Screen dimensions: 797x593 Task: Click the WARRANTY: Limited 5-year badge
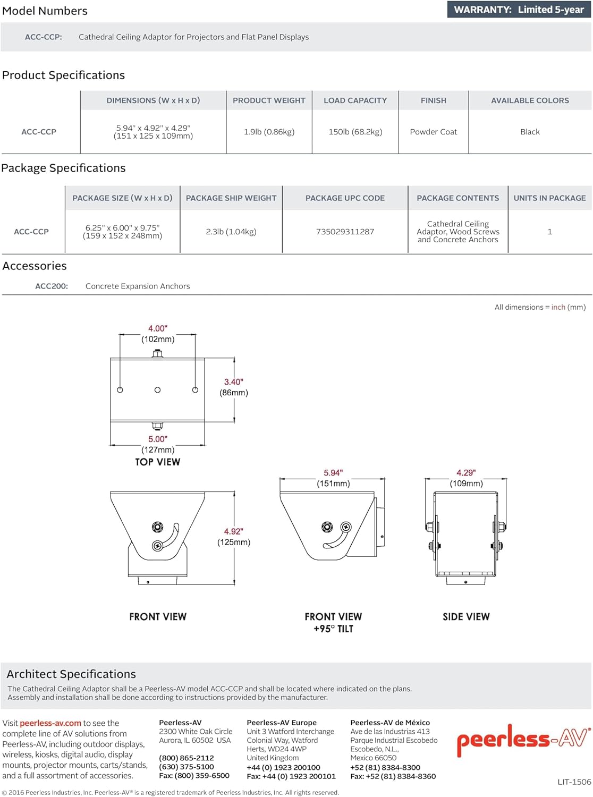(x=519, y=10)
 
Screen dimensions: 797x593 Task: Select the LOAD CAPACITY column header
(x=355, y=100)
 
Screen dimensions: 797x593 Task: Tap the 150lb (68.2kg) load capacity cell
(x=355, y=132)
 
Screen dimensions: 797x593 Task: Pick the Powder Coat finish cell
(x=433, y=132)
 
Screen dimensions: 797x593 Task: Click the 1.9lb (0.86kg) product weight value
(x=269, y=132)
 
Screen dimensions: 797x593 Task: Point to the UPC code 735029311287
(x=345, y=232)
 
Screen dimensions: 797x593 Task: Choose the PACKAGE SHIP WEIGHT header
(x=231, y=198)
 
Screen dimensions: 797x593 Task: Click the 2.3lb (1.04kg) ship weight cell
(x=231, y=232)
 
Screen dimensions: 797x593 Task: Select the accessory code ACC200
(x=52, y=286)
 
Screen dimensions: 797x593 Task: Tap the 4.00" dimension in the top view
(x=158, y=329)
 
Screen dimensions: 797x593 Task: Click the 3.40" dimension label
(x=233, y=382)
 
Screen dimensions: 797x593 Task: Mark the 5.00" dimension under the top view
(x=158, y=439)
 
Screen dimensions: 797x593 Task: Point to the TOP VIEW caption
(x=158, y=462)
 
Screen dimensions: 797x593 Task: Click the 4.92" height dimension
(x=233, y=531)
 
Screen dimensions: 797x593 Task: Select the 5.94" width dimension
(x=333, y=473)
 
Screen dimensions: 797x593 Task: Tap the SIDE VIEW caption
(x=466, y=617)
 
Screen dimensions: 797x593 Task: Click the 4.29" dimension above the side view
(x=466, y=473)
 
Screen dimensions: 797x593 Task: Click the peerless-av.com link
(x=50, y=723)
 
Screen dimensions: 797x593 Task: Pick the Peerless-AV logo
(x=523, y=740)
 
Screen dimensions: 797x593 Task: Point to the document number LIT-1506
(x=574, y=782)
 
